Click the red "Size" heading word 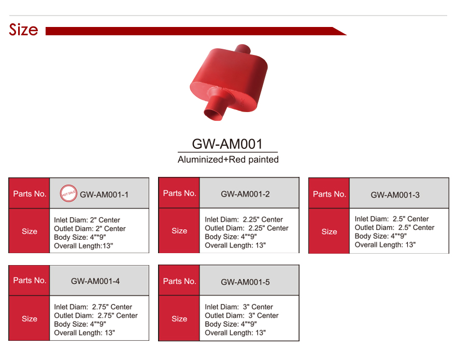pos(23,30)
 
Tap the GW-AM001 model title pos(227,144)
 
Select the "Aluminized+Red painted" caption pos(228,160)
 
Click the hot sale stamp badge pos(69,194)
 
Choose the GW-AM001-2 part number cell pos(245,194)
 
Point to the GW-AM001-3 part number pos(395,195)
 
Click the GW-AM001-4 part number pos(95,281)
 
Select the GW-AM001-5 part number pos(245,282)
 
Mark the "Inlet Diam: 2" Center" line pos(87,220)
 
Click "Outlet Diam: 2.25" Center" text pos(247,228)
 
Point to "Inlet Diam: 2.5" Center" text pos(392,219)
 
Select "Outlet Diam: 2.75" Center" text pos(96,315)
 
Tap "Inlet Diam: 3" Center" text pos(239,307)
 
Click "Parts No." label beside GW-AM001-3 pos(329,194)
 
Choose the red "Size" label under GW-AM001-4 pos(30,319)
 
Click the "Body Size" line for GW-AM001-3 pos(380,236)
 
